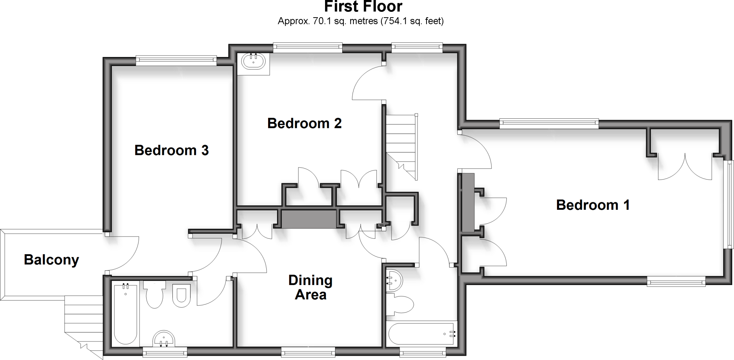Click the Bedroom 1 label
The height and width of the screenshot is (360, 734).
[592, 205]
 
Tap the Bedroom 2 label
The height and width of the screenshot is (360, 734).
[304, 123]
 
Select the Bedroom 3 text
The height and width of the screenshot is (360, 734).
[171, 150]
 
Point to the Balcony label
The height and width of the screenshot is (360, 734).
[51, 260]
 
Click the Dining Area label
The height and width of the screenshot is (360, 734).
[310, 288]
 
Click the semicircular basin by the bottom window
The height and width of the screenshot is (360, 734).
[164, 339]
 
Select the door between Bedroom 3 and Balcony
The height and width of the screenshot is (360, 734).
[122, 253]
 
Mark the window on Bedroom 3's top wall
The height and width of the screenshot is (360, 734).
[176, 61]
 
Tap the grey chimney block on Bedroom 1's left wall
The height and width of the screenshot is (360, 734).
[468, 202]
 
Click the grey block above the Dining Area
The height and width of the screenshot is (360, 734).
[309, 219]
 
